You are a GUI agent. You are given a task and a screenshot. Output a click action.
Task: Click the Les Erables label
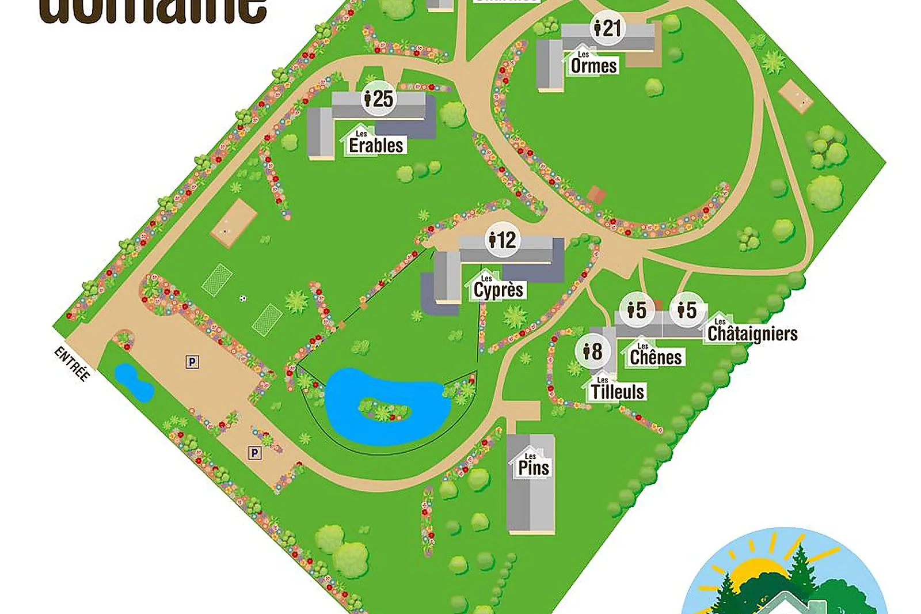376,144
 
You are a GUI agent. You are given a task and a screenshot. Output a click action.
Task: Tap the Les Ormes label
593,65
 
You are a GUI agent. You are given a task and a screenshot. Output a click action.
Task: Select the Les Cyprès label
498,289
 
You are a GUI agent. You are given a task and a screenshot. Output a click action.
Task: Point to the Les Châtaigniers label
752,332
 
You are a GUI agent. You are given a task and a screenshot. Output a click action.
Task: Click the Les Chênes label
655,356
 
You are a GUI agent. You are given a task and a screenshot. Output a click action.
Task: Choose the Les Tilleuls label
617,391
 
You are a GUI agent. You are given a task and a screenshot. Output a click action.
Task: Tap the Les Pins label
533,466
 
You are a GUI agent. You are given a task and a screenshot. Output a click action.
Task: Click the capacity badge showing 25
379,98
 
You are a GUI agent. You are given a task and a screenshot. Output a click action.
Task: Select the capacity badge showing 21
608,28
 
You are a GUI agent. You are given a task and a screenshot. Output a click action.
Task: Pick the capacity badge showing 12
503,240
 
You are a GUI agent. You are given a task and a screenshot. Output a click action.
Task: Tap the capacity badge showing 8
592,351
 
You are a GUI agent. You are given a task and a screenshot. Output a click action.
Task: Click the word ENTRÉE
72,363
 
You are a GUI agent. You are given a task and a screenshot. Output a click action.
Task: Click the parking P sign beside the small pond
192,362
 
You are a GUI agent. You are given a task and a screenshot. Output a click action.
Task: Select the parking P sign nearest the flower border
254,453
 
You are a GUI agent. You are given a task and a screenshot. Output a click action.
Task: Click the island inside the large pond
384,411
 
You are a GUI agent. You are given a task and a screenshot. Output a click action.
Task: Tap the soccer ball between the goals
242,298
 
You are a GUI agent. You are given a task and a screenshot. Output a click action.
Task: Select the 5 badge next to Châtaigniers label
687,310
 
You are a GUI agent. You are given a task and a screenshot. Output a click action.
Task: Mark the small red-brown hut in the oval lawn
597,195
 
